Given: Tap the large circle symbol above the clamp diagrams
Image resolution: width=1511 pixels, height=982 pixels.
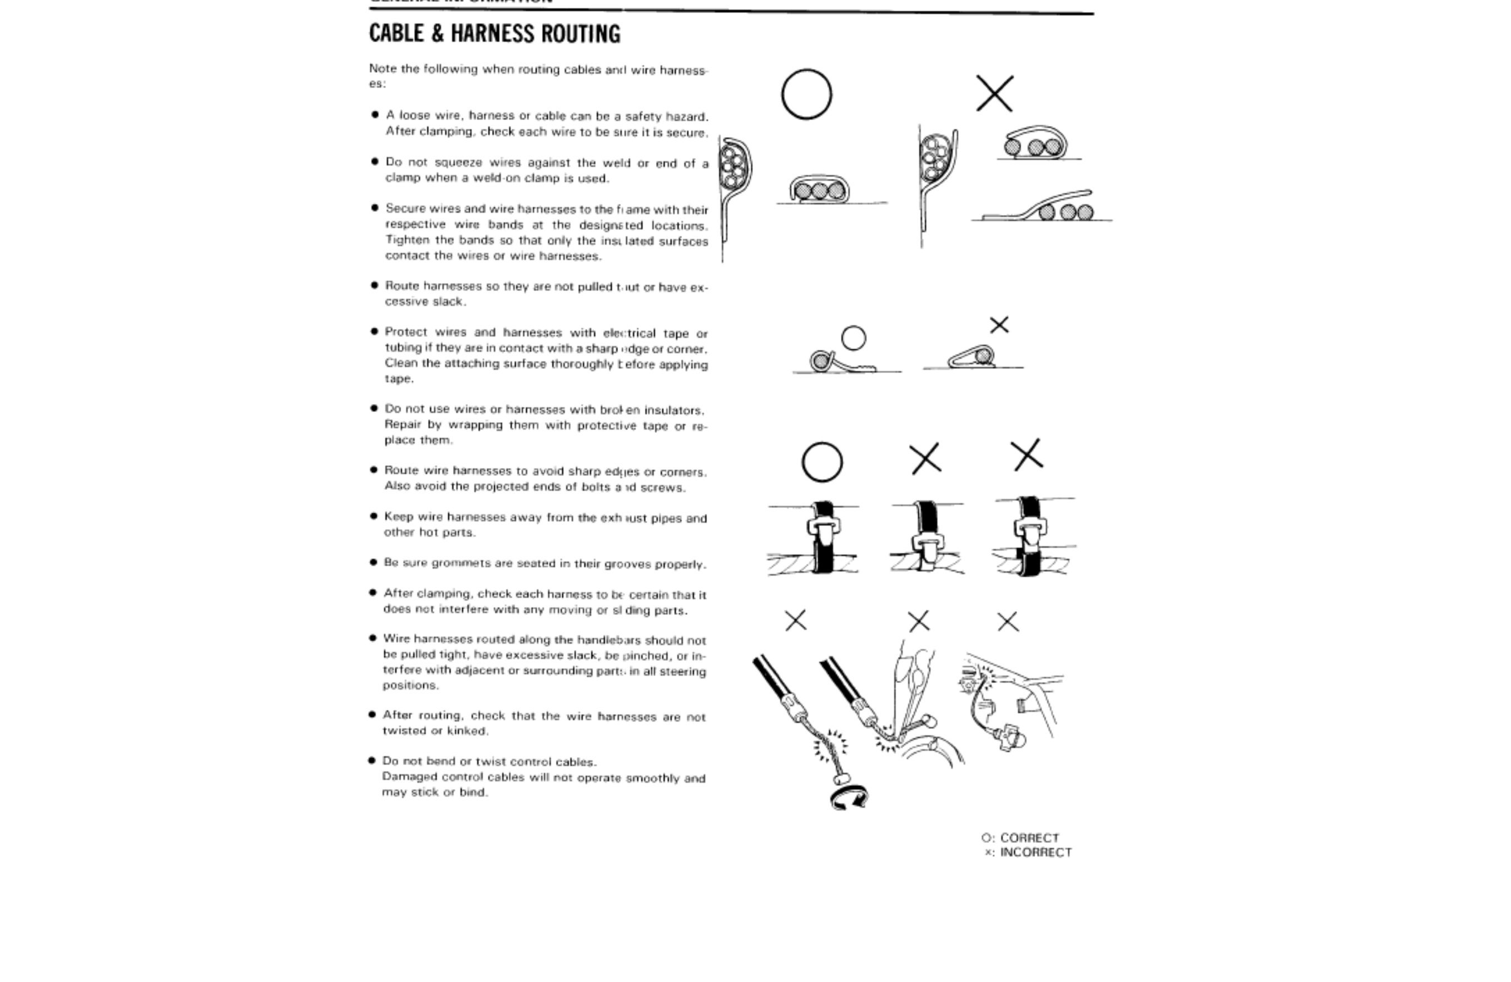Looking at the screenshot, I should pos(806,95).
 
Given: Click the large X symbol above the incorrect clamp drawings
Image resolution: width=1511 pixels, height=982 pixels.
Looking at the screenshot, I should pos(994,94).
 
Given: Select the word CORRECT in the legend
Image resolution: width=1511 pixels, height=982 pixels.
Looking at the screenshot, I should pos(1029,838).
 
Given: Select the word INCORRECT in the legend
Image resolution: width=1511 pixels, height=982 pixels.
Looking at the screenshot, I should pos(1036,852).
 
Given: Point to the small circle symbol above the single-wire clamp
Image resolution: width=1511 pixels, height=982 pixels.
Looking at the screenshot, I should pos(853,338).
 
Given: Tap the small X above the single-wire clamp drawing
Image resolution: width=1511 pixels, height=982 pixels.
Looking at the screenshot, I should pos(999,325).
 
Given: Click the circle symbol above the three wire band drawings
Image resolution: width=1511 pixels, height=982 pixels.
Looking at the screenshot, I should pos(822,462).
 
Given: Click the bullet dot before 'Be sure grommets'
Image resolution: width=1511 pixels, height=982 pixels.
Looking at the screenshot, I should pos(373,562).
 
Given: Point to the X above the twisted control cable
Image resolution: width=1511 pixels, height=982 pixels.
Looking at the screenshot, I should pos(795,620).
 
